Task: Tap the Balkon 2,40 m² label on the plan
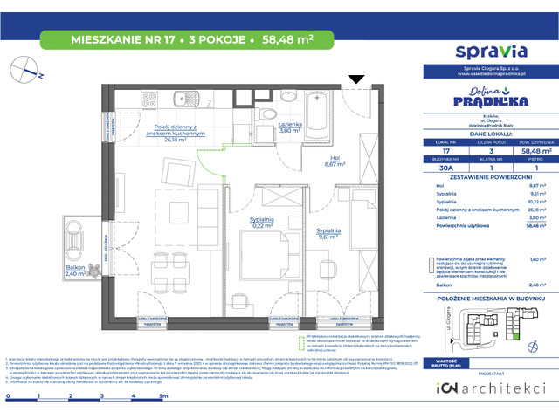[x=78, y=271]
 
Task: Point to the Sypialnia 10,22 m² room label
[x=254, y=222]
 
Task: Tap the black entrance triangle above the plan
[x=356, y=80]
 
